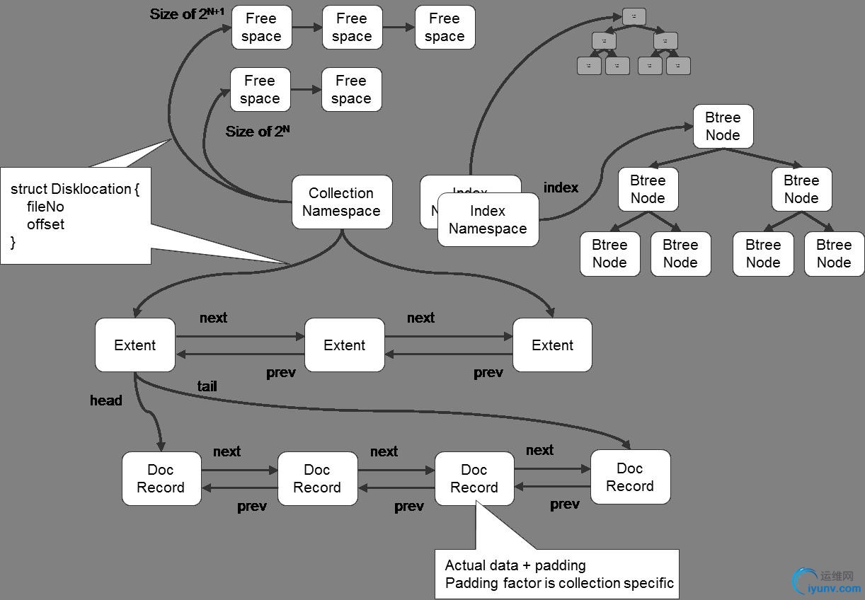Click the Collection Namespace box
pos(342,202)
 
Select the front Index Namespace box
pos(488,219)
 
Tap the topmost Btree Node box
pos(723,127)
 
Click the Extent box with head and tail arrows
pos(134,345)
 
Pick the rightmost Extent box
pos(552,345)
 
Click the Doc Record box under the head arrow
pos(161,479)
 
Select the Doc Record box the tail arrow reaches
pos(630,477)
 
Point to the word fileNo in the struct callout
pos(45,207)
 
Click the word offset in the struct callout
pos(45,224)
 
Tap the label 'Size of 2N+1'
pos(187,13)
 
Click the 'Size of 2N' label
pos(258,132)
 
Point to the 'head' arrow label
pos(106,400)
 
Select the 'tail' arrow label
pos(207,386)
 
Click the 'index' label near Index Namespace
pos(561,187)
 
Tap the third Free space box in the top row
pos(445,28)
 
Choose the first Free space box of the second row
pos(260,90)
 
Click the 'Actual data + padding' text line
pos(515,565)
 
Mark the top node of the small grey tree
pos(634,16)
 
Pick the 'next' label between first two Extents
pos(213,318)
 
